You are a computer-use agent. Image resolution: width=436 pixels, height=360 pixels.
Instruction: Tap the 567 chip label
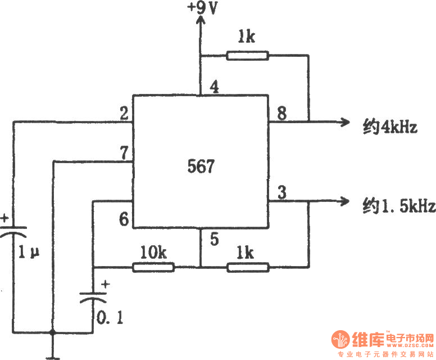200,166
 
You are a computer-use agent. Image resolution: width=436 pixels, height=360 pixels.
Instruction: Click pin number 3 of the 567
281,192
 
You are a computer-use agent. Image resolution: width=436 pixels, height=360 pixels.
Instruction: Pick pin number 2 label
123,112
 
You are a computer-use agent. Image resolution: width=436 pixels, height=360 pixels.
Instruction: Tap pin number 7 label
123,153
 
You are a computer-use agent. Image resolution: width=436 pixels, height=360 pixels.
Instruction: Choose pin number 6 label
123,218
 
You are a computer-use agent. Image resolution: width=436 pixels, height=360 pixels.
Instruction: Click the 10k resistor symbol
153,267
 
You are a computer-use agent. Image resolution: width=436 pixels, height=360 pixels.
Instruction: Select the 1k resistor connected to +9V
247,55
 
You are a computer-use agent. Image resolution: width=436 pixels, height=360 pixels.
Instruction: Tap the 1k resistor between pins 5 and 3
248,267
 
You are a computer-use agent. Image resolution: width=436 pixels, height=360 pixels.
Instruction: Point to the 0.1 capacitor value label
111,318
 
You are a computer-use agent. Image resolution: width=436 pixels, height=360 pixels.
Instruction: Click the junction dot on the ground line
53,332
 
